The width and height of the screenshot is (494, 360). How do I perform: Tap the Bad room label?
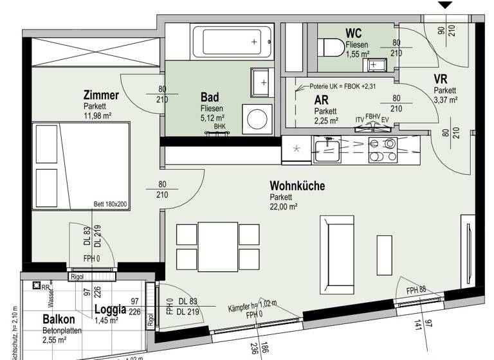point(210,97)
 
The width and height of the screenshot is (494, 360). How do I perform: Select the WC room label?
point(354,33)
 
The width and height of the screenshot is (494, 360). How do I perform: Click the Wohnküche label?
point(297,186)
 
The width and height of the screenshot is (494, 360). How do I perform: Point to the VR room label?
point(441,79)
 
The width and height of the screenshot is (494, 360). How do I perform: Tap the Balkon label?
point(59,319)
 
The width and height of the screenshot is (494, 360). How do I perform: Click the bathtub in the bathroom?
point(228,42)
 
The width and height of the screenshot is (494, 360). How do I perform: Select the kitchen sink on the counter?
point(328,150)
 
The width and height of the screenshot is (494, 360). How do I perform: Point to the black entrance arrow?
point(445,5)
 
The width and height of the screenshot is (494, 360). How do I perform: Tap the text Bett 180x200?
point(111,204)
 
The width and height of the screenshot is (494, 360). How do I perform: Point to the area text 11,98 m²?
point(98,116)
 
